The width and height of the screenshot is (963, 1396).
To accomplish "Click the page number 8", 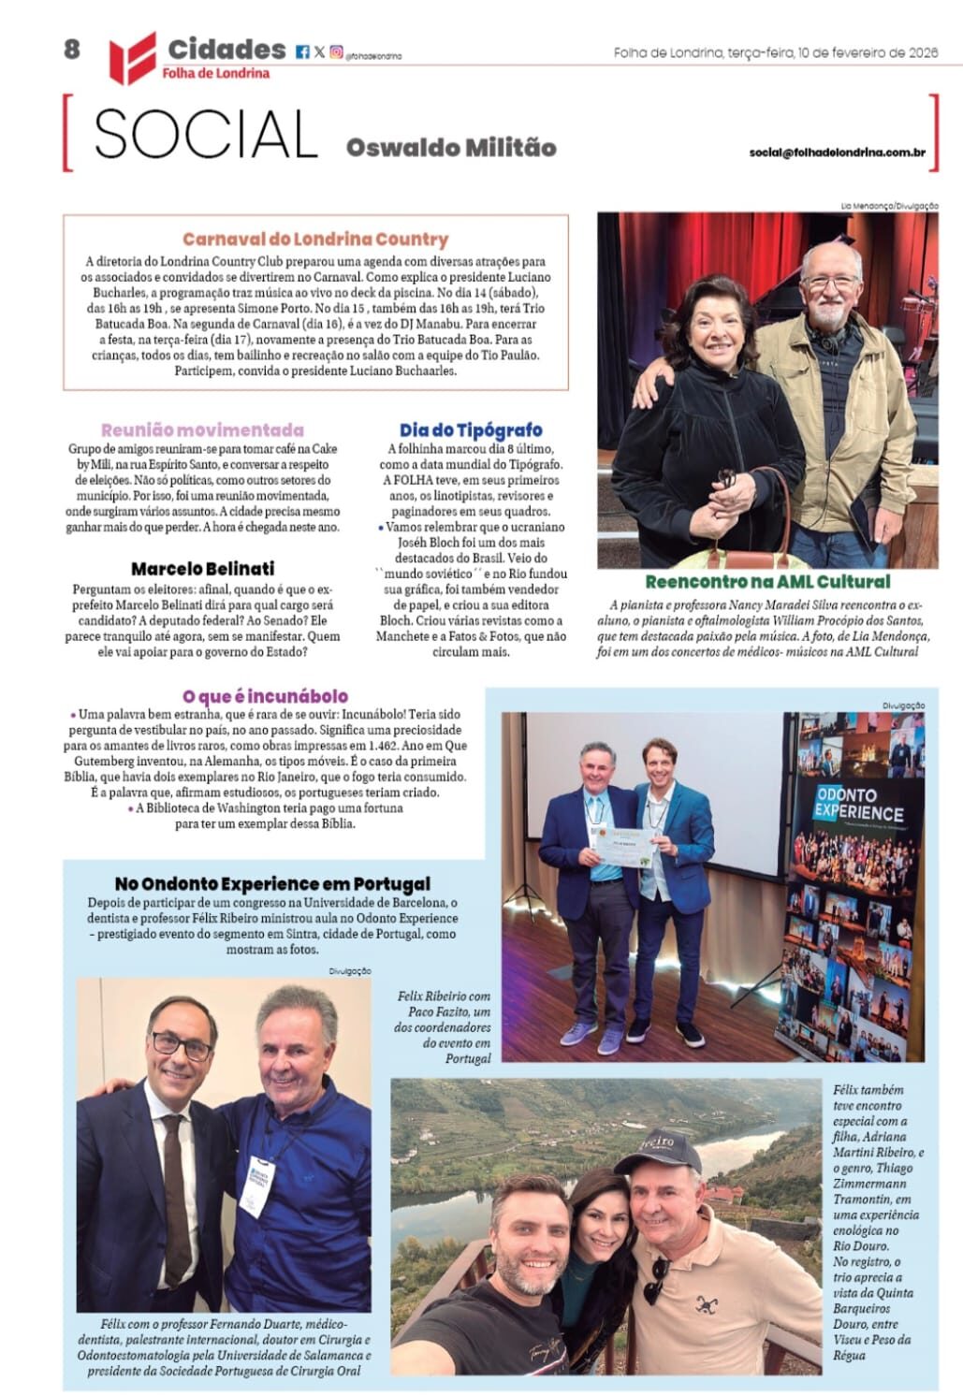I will (x=72, y=50).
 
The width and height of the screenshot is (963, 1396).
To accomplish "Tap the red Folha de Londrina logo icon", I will (x=132, y=57).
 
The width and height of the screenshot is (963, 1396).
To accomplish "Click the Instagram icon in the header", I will (x=336, y=52).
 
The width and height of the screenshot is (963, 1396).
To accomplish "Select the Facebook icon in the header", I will (x=302, y=52).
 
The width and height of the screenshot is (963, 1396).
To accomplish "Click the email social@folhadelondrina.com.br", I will (x=843, y=152).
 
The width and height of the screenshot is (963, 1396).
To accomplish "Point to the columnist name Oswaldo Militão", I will (x=451, y=148).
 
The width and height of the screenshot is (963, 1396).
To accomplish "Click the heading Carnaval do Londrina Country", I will (x=315, y=240).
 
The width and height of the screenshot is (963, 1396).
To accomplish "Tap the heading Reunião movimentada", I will (x=202, y=430).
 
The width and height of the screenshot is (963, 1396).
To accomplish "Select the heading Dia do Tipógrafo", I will (x=471, y=430).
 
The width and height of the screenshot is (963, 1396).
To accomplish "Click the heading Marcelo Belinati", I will (x=202, y=569).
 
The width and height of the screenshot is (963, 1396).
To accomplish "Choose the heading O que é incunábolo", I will (x=265, y=696).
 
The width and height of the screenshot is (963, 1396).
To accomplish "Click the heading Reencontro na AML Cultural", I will (x=767, y=582).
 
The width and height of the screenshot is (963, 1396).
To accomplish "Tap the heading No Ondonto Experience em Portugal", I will (x=272, y=883).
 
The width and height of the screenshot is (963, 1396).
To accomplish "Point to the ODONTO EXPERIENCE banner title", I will (x=858, y=804).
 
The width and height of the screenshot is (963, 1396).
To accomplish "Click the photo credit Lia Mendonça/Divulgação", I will (x=889, y=206).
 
